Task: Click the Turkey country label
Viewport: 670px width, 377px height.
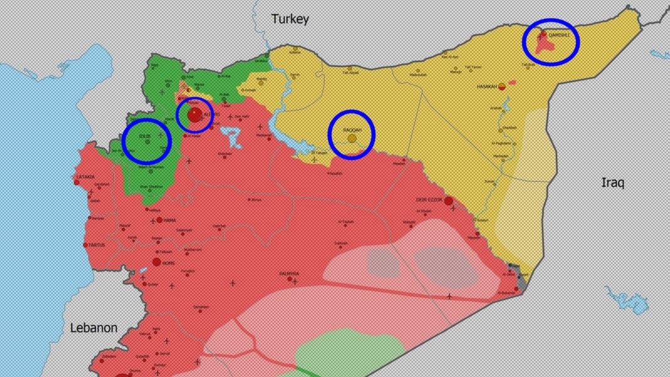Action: point(290,19)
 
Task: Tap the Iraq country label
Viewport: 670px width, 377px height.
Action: point(612,183)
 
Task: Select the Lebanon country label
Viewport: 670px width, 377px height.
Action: point(93,327)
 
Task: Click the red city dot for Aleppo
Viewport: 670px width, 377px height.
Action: point(194,115)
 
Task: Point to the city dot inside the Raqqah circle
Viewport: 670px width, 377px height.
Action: point(352,137)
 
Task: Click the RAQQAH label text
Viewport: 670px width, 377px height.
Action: point(352,129)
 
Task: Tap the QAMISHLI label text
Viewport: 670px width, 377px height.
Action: point(558,36)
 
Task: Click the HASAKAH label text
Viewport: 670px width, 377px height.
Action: point(487,86)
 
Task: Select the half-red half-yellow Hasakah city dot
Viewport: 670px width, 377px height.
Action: point(502,87)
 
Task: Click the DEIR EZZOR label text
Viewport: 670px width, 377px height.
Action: point(430,199)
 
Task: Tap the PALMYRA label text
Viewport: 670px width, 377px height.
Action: point(289,273)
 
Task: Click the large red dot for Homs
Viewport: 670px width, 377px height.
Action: point(156,262)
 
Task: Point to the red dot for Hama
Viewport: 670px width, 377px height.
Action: point(159,220)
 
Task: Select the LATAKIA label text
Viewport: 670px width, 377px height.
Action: point(85,177)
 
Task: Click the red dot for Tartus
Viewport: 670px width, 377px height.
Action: point(87,245)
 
